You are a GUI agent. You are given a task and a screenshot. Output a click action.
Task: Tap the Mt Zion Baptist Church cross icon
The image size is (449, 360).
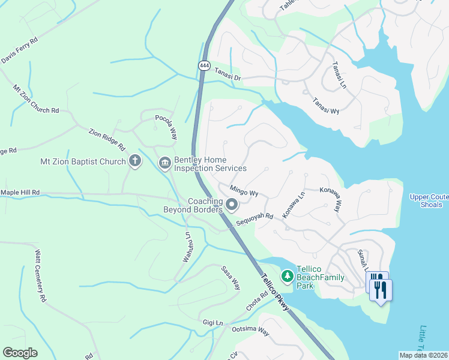tap(134, 161)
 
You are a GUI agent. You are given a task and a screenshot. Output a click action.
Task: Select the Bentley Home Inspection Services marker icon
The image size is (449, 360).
tap(164, 163)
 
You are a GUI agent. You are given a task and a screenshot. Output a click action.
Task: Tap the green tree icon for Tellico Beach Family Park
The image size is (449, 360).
tap(288, 276)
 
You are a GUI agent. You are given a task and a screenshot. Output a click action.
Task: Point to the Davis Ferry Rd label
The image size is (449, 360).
tap(19, 50)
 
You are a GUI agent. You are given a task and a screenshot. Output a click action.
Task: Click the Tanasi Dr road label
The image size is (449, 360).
tap(228, 74)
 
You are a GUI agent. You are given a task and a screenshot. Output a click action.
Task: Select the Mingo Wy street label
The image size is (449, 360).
tap(244, 191)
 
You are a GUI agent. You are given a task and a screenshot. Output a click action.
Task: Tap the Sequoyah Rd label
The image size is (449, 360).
tap(255, 220)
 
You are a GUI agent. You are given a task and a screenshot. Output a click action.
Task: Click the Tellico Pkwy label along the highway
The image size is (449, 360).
tap(274, 293)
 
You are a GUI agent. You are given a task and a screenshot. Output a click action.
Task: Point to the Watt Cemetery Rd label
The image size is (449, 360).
tap(40, 277)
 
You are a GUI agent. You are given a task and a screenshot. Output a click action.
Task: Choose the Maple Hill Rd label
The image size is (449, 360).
tap(20, 192)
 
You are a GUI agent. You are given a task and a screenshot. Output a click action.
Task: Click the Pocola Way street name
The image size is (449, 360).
tap(166, 127)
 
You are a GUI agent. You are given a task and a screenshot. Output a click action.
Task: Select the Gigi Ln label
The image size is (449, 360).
tap(212, 323)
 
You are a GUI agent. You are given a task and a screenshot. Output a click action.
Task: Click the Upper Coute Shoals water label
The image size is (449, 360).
tap(429, 200)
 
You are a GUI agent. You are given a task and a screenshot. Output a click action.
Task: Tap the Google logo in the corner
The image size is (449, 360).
tap(20, 353)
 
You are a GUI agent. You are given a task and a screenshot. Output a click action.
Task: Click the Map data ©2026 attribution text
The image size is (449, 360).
tap(423, 355)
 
